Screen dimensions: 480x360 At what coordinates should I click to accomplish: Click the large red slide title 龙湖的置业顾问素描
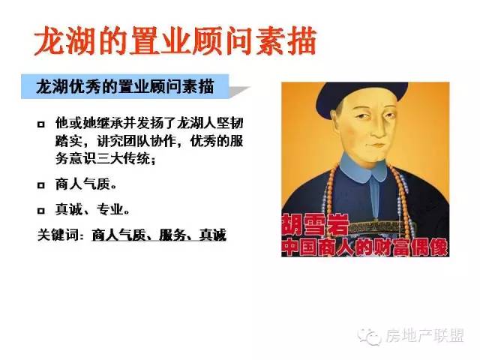[x=175, y=41]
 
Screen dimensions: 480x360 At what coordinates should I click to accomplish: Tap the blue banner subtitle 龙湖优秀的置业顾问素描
[x=125, y=87]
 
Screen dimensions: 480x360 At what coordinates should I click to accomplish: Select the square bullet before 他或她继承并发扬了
[x=41, y=124]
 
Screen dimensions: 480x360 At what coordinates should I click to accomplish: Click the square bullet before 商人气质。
[x=41, y=185]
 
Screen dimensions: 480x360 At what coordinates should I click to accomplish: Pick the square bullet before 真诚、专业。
[x=41, y=211]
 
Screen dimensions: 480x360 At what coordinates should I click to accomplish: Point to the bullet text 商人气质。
[x=86, y=184]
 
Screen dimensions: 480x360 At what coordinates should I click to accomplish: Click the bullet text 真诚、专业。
[x=92, y=210]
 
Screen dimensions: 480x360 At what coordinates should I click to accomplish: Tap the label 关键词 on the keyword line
[x=58, y=235]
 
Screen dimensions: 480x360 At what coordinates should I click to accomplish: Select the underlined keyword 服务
[x=172, y=235]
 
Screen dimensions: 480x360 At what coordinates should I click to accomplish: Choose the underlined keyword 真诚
[x=213, y=235]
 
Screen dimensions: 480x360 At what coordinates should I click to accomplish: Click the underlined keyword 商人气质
[x=118, y=235]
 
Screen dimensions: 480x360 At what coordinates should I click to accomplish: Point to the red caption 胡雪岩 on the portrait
[x=315, y=224]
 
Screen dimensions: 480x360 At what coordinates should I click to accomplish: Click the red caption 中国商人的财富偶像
[x=365, y=247]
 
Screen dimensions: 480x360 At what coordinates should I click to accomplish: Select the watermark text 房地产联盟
[x=425, y=336]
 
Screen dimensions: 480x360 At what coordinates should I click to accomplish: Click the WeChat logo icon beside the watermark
[x=370, y=337]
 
